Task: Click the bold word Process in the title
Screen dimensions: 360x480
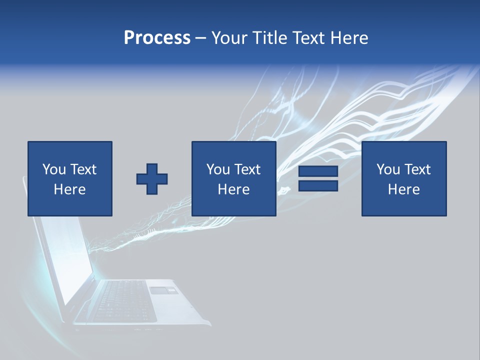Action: (x=157, y=38)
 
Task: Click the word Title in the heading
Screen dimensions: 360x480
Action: (x=268, y=38)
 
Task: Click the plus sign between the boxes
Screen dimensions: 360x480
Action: (x=152, y=179)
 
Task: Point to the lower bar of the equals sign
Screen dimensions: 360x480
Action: (x=318, y=185)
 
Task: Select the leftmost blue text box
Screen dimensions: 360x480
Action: (x=70, y=178)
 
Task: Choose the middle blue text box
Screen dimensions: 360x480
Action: (x=234, y=178)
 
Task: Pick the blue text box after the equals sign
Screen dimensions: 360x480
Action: (x=404, y=178)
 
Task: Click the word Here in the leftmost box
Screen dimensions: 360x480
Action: (x=69, y=189)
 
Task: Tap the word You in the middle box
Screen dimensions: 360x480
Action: (x=218, y=169)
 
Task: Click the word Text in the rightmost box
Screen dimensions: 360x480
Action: (x=417, y=169)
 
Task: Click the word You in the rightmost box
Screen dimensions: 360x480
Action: (x=388, y=169)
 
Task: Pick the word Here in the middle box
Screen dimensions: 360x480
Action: (x=233, y=189)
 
